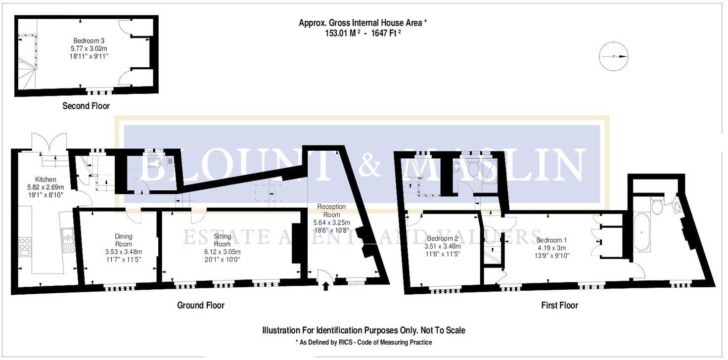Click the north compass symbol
613,56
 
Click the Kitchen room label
45,179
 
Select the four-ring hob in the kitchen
24,246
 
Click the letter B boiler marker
170,161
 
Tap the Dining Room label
123,240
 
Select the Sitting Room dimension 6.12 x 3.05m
222,252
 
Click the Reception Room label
331,211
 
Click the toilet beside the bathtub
657,206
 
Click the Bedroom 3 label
89,41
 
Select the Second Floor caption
86,106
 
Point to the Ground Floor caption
201,305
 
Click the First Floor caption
559,305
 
